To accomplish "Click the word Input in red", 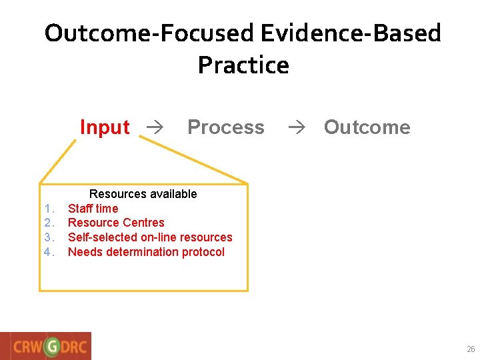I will point(105,127).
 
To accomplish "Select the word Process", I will point(225,127).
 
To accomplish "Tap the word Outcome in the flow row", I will point(367,127).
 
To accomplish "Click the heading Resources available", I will point(143,194).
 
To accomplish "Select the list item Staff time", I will point(93,209).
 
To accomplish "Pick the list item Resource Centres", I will point(116,223).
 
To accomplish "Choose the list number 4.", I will point(48,252).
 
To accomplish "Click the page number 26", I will point(471,349).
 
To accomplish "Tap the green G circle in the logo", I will point(51,347).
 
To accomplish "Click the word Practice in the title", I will point(243,65).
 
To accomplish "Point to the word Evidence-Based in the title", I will point(351,33).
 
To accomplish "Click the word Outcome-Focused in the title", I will point(149,33).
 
